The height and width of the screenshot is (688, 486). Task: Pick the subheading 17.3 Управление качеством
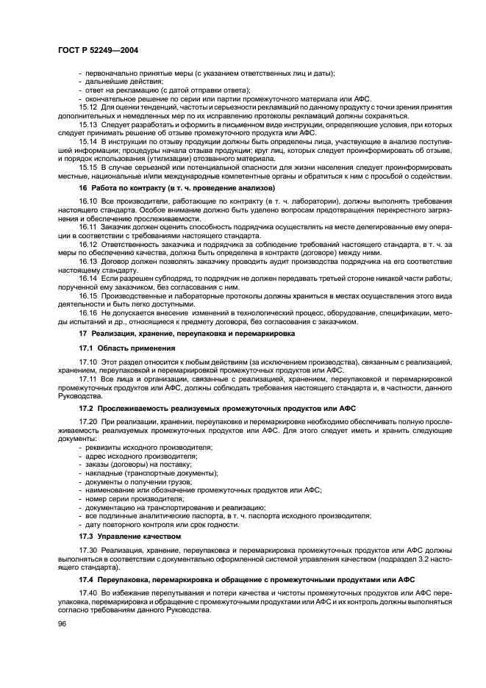(129, 536)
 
